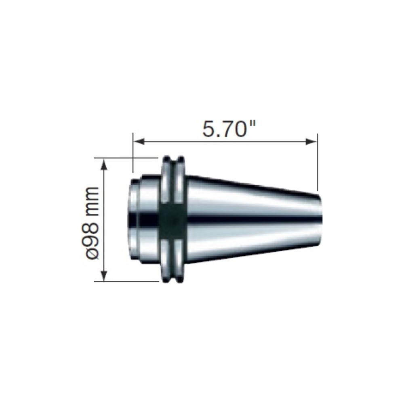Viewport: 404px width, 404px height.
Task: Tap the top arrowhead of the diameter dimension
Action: pyautogui.click(x=105, y=163)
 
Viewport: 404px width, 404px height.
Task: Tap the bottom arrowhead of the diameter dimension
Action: pyautogui.click(x=105, y=276)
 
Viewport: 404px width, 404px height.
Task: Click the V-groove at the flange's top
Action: pyautogui.click(x=174, y=160)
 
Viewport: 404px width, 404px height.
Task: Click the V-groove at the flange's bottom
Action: pyautogui.click(x=174, y=279)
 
